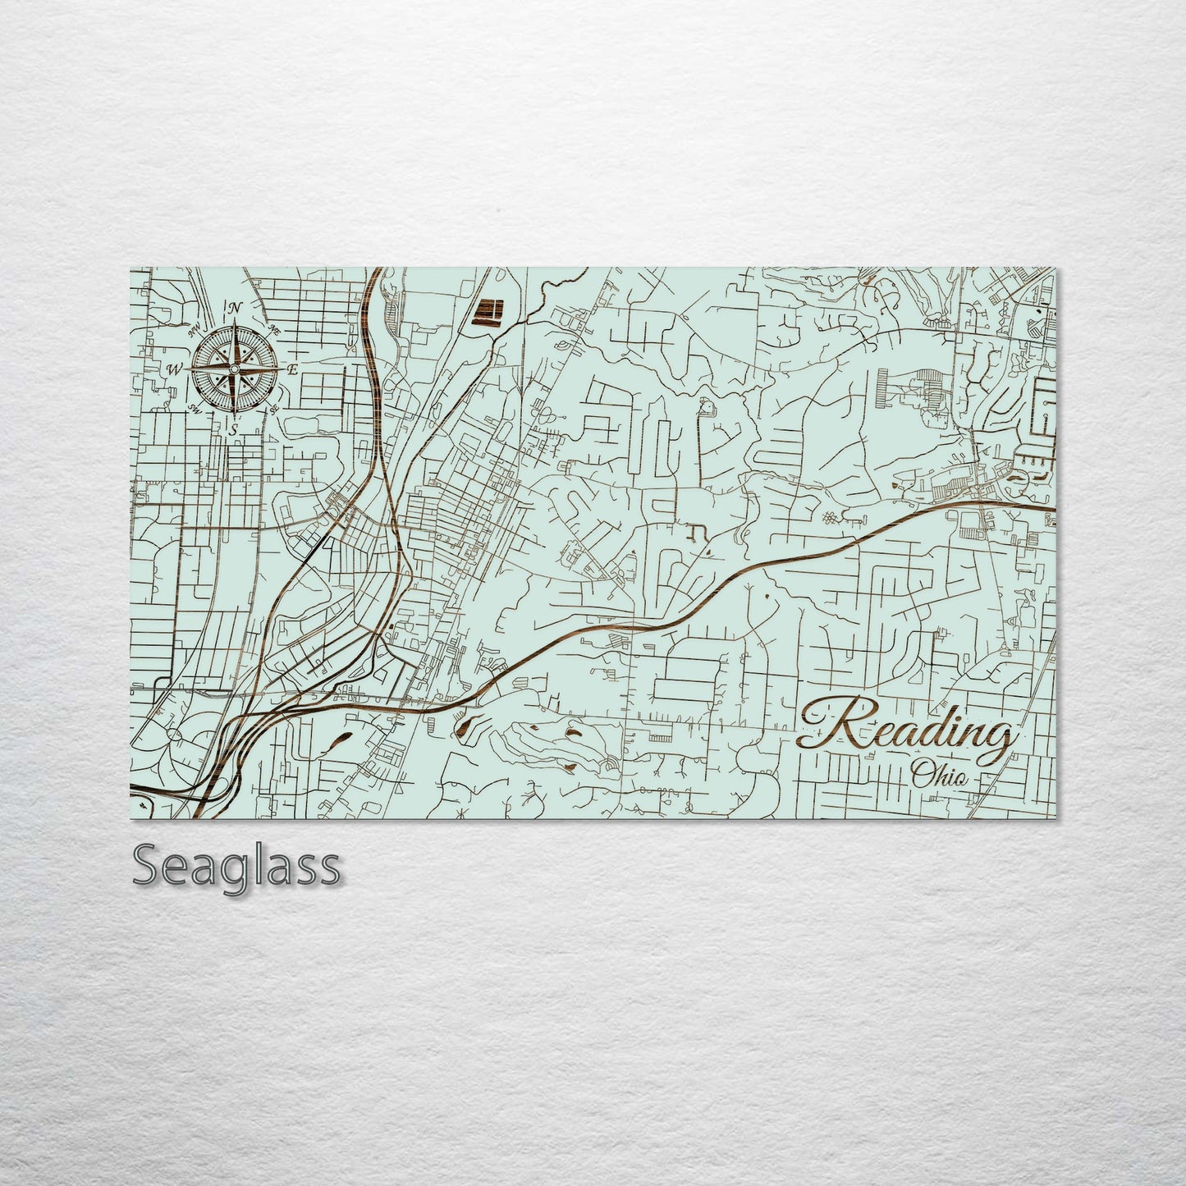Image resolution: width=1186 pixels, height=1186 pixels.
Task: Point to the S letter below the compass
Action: [234, 428]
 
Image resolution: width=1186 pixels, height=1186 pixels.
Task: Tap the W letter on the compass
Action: [174, 369]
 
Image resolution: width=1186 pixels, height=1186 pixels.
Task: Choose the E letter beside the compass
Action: [292, 369]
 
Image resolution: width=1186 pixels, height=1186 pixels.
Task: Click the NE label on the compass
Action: [276, 328]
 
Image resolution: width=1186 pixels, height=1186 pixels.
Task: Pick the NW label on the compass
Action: [195, 330]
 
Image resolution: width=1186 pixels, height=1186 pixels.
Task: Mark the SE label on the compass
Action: [275, 407]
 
